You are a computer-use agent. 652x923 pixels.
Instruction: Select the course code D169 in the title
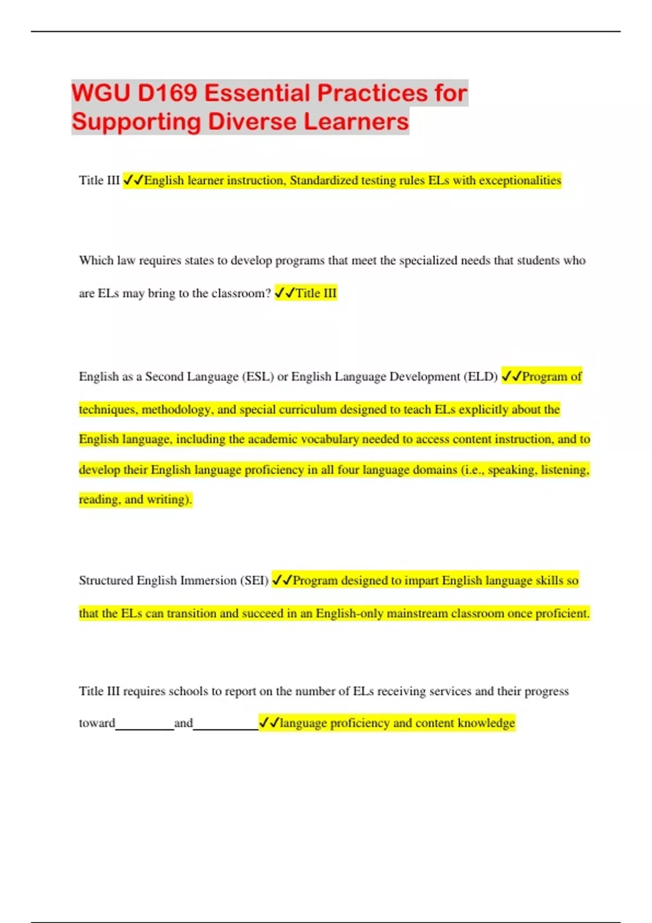click(167, 93)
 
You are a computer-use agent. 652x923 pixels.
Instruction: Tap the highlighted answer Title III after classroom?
click(316, 293)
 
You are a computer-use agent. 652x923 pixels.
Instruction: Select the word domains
click(430, 470)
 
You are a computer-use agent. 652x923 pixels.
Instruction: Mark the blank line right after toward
click(145, 726)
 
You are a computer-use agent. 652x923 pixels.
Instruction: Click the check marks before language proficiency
click(269, 723)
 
